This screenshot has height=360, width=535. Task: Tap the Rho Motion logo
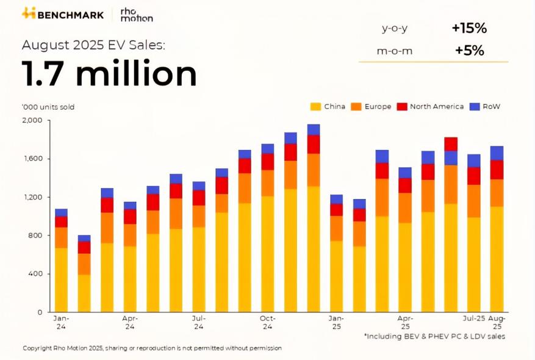pos(136,15)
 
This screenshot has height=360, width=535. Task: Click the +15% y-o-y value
pos(469,28)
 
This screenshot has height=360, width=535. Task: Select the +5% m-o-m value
pos(469,51)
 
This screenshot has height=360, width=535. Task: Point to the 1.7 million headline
pos(109,74)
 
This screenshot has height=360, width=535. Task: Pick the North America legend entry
pos(431,106)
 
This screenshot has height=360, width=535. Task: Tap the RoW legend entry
pos(485,106)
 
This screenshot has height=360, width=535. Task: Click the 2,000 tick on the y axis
pos(32,120)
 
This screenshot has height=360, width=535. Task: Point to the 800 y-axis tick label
pos(35,236)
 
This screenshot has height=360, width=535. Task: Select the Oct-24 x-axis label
pos(268,322)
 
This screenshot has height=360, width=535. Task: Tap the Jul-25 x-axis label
pos(473,319)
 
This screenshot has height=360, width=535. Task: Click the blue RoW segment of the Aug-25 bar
pos(497,153)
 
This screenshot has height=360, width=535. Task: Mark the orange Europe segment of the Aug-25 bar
pos(497,193)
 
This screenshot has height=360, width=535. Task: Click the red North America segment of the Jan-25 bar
pos(336,210)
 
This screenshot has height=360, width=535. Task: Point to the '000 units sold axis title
pos(48,107)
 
